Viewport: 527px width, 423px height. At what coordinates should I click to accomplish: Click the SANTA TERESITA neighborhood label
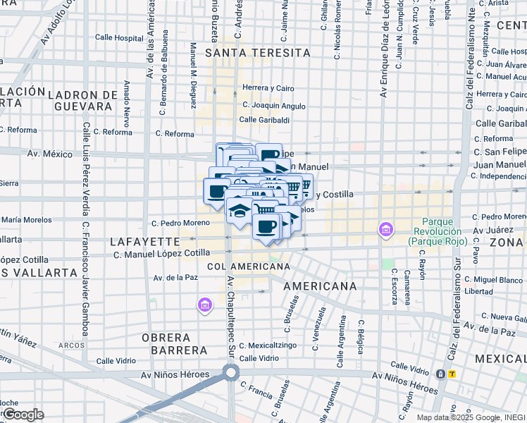tap(257, 53)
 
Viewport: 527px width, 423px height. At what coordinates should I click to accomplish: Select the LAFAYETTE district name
tap(140, 241)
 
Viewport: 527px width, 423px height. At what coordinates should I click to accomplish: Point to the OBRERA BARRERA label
tap(175, 343)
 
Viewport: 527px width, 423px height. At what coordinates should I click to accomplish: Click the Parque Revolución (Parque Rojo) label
tap(434, 236)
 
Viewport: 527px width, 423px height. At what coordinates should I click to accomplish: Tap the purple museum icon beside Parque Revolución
tap(385, 230)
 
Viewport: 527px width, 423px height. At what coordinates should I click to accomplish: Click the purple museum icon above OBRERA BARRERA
tap(204, 305)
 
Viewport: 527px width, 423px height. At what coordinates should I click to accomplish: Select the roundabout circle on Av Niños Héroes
tap(230, 373)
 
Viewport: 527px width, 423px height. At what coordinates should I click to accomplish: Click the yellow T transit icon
tap(452, 374)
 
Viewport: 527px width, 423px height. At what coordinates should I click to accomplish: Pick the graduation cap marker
tap(239, 209)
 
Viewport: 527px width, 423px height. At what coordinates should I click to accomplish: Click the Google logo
tap(23, 415)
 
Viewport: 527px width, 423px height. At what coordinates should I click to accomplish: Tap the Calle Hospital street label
tap(119, 39)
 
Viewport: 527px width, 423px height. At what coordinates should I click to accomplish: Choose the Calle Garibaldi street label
tap(264, 120)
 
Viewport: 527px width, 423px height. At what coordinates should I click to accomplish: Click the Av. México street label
tap(50, 154)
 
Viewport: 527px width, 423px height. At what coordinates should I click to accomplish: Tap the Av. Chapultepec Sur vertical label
tap(230, 310)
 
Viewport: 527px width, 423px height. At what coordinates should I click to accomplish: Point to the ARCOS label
tap(72, 345)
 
